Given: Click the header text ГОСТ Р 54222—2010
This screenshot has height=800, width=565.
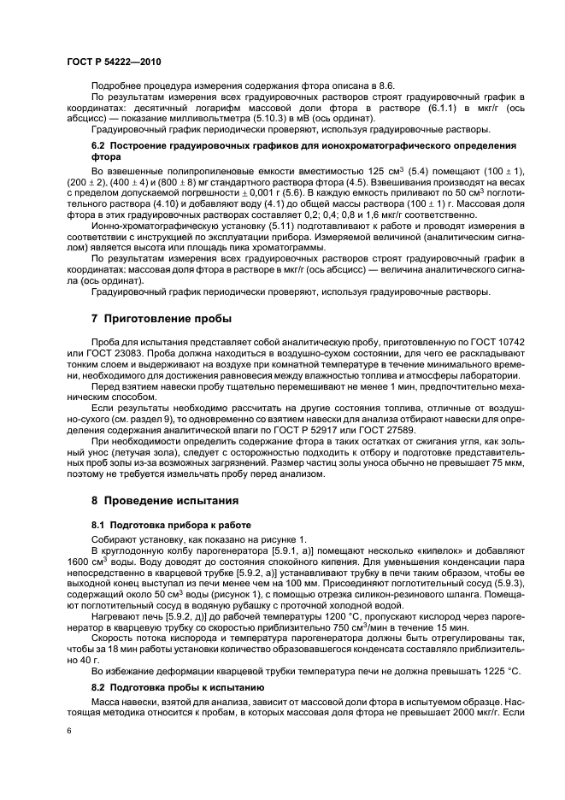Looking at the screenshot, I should tap(113, 62).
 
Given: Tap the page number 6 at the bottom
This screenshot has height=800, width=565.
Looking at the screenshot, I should tap(69, 731).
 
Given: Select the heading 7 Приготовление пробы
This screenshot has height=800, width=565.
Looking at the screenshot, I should tap(161, 319).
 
